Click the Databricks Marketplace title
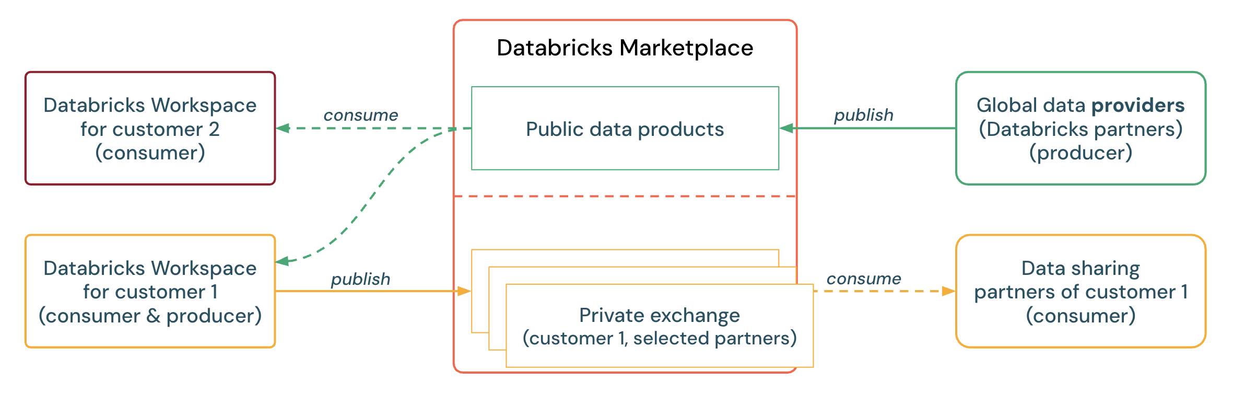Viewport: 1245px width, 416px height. [x=625, y=48]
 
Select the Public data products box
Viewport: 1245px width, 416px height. [x=625, y=129]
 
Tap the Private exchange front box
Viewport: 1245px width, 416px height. [x=659, y=326]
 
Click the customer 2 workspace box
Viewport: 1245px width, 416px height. [x=150, y=129]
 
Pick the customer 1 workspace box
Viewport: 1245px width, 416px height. [x=150, y=291]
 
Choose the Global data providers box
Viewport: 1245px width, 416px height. [x=1080, y=129]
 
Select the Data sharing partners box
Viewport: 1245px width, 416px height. [x=1080, y=291]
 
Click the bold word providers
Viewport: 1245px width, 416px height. [x=1137, y=106]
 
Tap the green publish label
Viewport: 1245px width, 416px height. [x=863, y=115]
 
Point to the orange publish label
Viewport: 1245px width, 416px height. [x=360, y=279]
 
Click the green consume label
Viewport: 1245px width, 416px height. [x=360, y=115]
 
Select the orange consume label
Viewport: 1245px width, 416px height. [x=863, y=279]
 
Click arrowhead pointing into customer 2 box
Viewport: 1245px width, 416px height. [x=283, y=128]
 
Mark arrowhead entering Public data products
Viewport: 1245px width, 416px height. [x=786, y=128]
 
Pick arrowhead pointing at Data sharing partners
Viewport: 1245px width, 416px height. [x=948, y=291]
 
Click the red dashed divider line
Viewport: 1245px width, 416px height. [x=625, y=197]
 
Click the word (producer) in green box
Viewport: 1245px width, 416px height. [x=1080, y=153]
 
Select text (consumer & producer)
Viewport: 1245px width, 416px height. [x=150, y=316]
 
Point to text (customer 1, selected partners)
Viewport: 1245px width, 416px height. [x=659, y=339]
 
